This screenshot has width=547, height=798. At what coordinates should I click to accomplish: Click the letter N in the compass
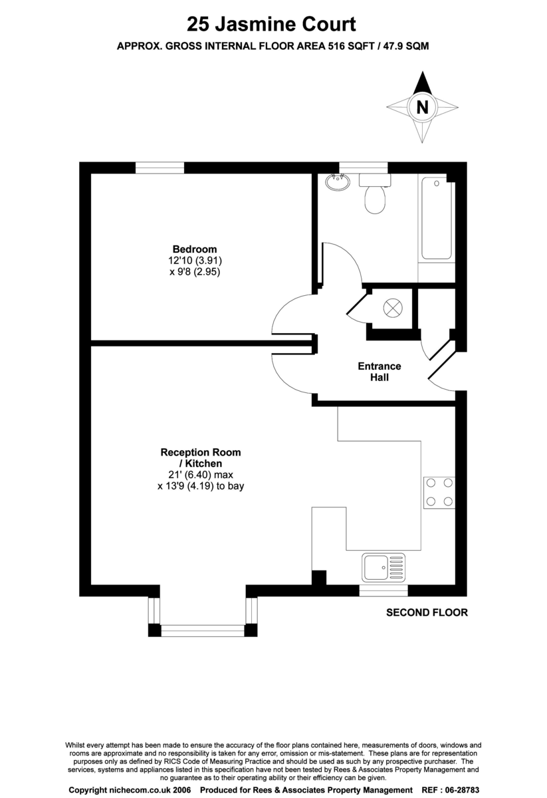[422, 107]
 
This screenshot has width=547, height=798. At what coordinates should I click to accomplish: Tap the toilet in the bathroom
[375, 194]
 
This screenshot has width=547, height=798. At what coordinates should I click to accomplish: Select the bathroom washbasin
[338, 182]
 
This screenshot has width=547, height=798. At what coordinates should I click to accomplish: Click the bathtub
[437, 218]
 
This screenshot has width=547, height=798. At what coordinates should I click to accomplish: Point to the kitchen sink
[383, 567]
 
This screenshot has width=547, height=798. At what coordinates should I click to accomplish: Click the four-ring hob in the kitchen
[439, 492]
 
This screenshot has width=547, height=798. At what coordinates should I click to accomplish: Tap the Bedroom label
[195, 249]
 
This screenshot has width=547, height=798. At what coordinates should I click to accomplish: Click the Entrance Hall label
[380, 372]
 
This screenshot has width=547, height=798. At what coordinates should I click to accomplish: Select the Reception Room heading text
[201, 452]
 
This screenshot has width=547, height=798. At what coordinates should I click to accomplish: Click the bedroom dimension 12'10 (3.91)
[195, 261]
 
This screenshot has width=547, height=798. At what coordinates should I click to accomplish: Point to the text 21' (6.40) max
[201, 475]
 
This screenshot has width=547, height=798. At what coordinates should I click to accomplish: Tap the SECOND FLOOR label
[427, 612]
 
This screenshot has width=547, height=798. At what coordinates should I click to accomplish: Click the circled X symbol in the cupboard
[393, 308]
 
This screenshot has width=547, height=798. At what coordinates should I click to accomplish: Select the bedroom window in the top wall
[160, 168]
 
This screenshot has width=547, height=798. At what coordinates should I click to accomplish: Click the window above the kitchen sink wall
[383, 591]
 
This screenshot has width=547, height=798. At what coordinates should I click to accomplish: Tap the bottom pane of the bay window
[203, 630]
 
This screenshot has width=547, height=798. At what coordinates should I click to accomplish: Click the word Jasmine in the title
[253, 25]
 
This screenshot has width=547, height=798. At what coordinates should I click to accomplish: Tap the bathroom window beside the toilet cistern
[364, 168]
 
